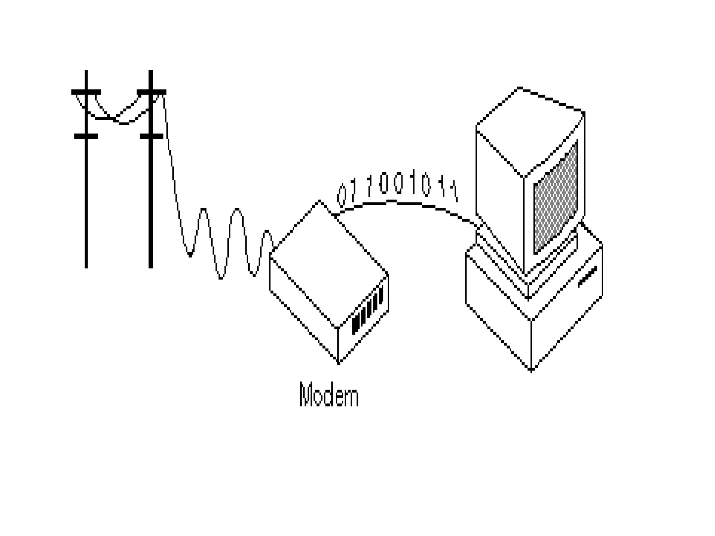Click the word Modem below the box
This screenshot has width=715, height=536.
tap(329, 395)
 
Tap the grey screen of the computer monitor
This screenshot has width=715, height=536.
tap(555, 197)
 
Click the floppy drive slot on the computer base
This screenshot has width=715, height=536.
tap(588, 277)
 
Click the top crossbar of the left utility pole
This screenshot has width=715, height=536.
tap(86, 92)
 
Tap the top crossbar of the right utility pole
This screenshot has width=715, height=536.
tap(151, 92)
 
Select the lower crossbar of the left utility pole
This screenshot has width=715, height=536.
tap(86, 136)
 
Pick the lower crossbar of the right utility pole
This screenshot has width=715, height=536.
tap(151, 136)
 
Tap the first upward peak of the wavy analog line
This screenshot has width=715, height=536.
tap(204, 209)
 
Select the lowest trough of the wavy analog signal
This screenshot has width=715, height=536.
tap(221, 278)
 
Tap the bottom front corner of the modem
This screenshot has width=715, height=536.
tap(338, 363)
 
